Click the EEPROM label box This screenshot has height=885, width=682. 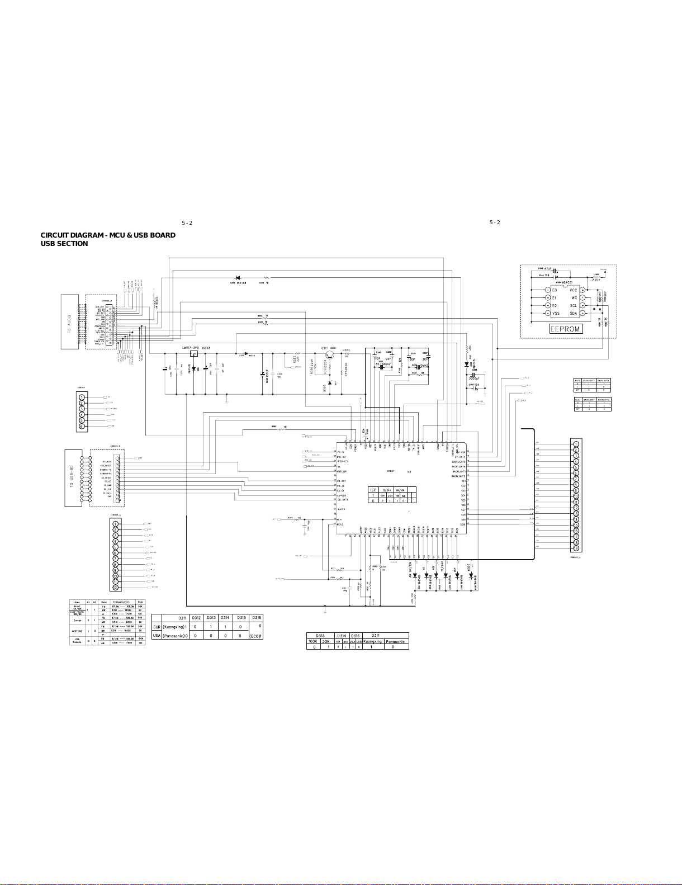pos(567,329)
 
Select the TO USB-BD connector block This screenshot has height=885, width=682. pos(71,479)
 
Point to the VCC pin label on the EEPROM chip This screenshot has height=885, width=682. pos(573,291)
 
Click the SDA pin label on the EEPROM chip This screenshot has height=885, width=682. pos(573,314)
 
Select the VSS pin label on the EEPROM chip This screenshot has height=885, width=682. pos(556,314)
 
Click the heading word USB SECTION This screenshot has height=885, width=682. pos(64,244)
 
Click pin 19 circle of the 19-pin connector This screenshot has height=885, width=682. pos(576,548)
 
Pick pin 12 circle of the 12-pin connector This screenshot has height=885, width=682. pos(115,588)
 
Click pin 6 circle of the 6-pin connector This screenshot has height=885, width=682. pos(82,426)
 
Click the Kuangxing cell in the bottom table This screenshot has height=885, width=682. pos(373,641)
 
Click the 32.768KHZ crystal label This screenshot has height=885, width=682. pos(383,363)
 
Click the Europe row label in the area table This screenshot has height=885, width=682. pos(78,620)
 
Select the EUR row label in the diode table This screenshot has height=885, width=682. pos(157,627)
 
